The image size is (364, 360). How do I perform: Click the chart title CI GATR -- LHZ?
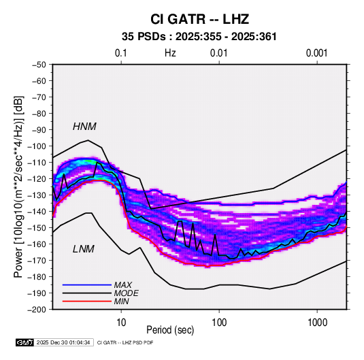point(199,19)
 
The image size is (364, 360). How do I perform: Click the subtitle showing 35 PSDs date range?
point(199,37)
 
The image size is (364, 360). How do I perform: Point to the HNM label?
point(84,127)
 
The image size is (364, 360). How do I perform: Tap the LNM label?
point(84,249)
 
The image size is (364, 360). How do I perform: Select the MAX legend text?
point(122,285)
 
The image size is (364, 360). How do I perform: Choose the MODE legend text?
point(126,293)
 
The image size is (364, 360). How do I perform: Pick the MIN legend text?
point(121,301)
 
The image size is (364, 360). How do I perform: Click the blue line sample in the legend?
point(87,285)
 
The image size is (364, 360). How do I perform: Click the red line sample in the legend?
point(87,301)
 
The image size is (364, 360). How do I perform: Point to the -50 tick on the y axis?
point(39,65)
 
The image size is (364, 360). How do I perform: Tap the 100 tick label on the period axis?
point(219,323)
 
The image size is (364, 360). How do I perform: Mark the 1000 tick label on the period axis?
point(317,323)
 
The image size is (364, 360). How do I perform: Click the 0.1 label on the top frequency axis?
point(121,53)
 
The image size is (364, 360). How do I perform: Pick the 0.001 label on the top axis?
point(316,53)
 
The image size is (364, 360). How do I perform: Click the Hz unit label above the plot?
point(170,53)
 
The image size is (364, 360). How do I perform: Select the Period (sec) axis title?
point(170,330)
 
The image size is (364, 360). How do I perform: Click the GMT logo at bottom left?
point(25,342)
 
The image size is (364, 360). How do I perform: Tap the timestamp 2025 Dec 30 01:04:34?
point(63,342)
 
